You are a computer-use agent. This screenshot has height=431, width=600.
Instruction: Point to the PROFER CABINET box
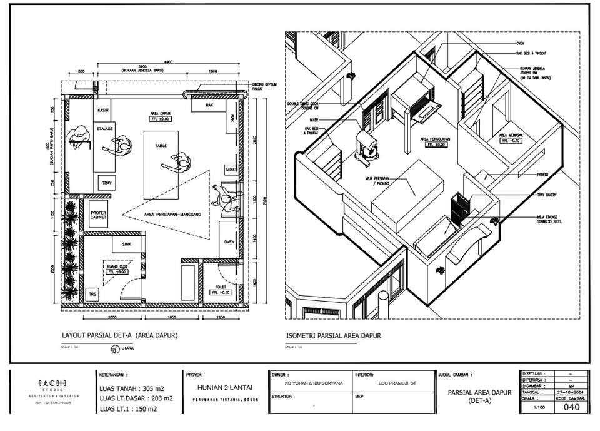click(x=99, y=216)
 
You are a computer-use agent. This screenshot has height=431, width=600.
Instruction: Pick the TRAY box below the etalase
click(x=105, y=183)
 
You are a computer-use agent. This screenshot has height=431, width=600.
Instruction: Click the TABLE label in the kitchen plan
click(x=161, y=146)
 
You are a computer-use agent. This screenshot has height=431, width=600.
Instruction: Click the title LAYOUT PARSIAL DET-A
click(x=119, y=335)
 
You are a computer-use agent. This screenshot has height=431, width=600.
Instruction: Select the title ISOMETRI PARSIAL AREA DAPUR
click(x=333, y=336)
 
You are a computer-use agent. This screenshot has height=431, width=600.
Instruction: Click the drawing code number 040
click(x=571, y=407)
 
